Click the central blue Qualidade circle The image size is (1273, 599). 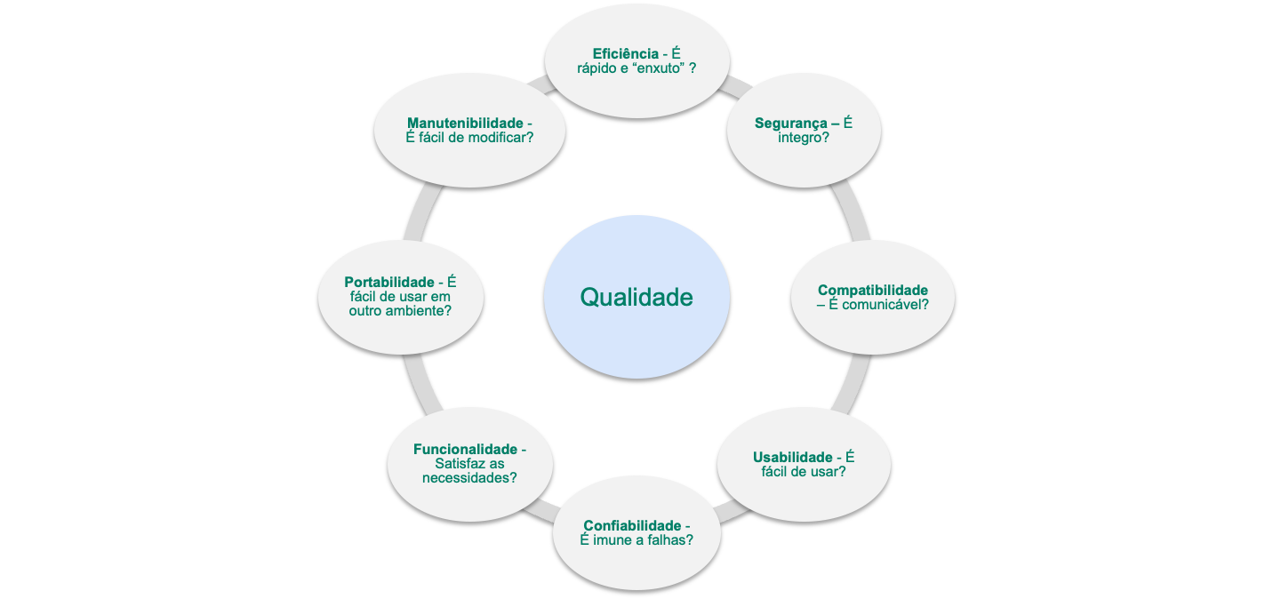click(x=636, y=297)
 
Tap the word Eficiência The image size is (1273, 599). click(x=626, y=53)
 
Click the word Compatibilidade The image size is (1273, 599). click(x=872, y=290)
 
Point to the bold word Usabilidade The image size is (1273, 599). click(x=792, y=457)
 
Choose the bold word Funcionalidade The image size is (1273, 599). click(x=464, y=449)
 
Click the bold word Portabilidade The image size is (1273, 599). click(x=389, y=282)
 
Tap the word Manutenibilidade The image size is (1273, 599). click(x=464, y=123)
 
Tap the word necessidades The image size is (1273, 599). click(x=469, y=478)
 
